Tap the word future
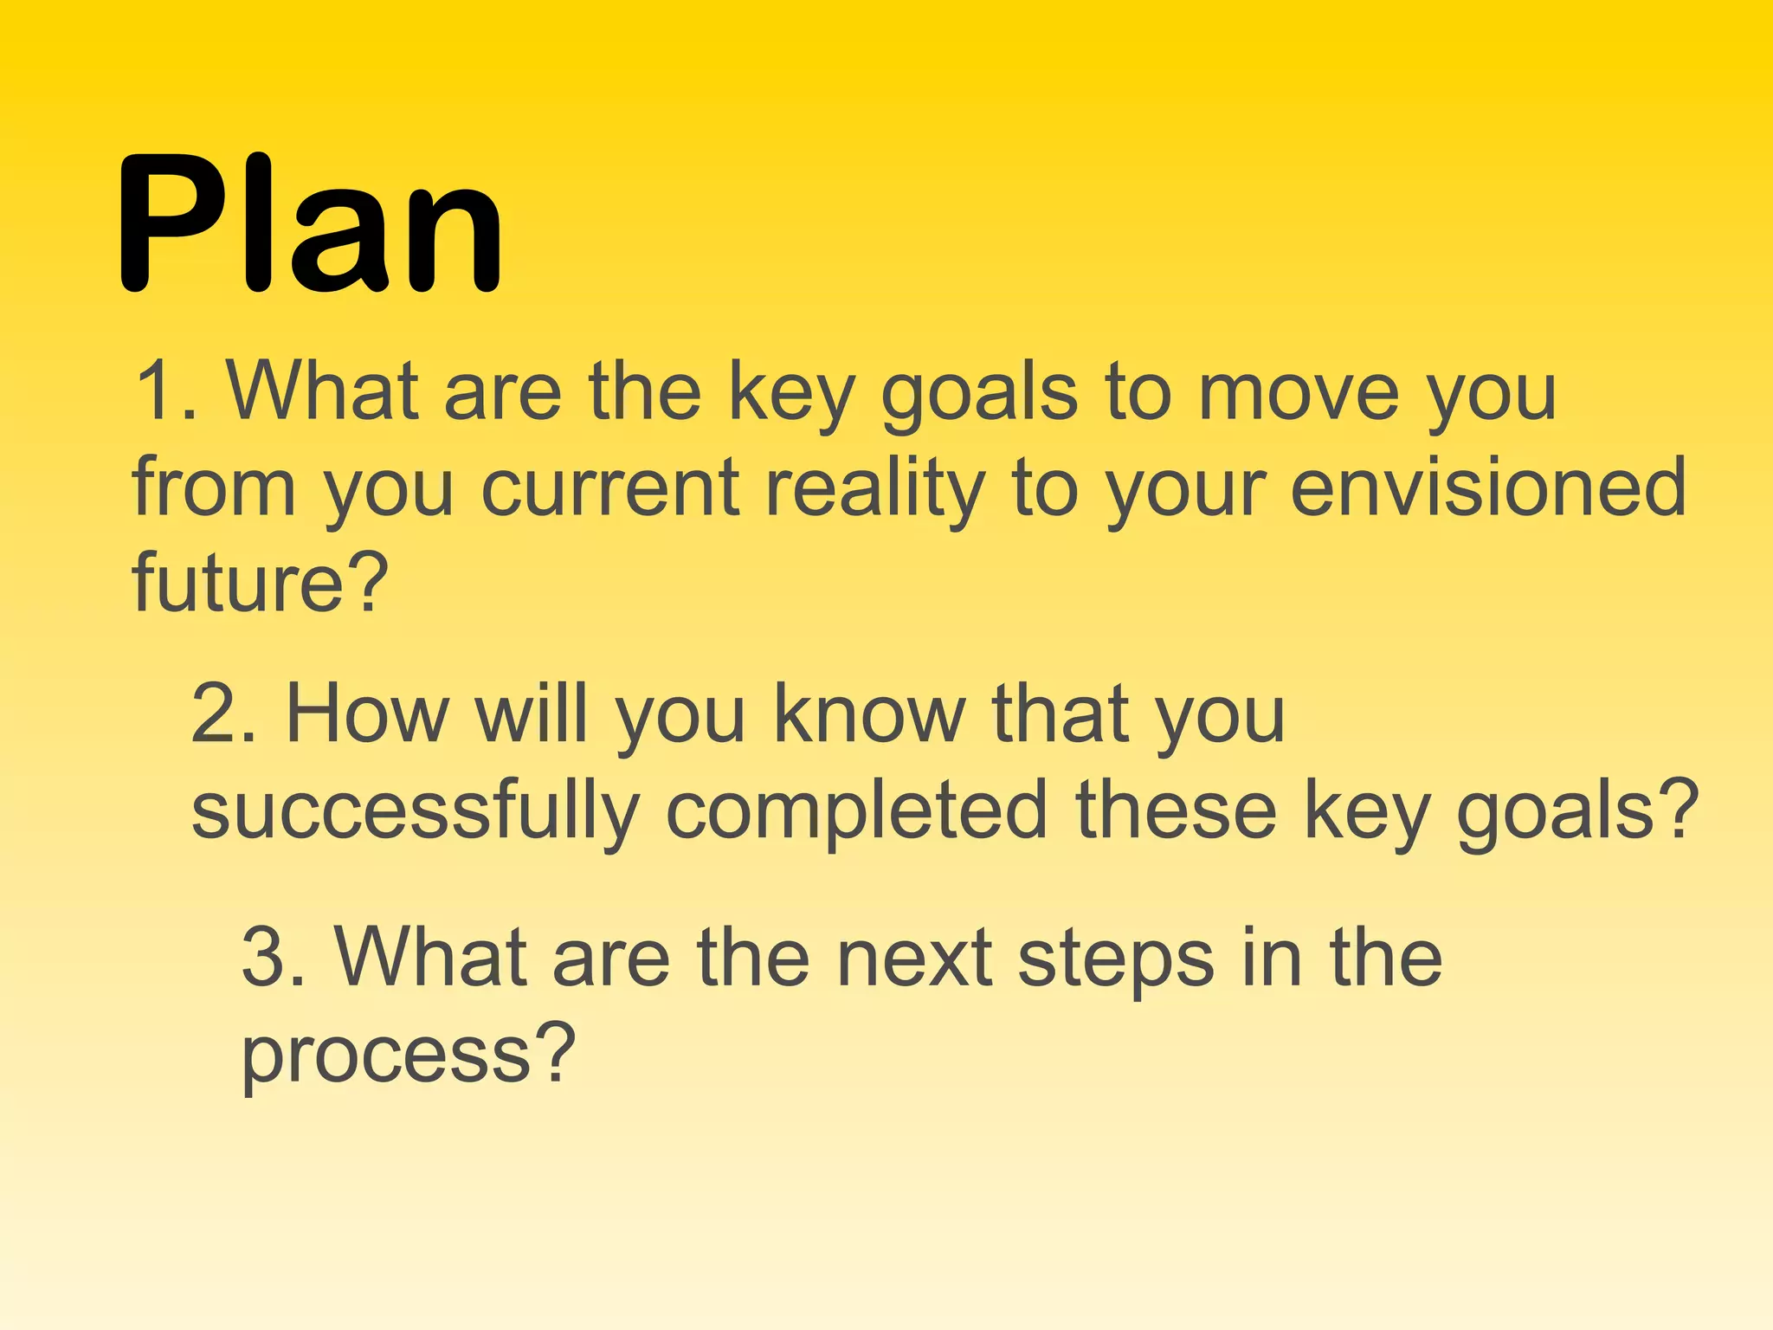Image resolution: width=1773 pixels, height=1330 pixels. click(239, 582)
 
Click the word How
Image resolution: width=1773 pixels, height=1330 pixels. click(367, 714)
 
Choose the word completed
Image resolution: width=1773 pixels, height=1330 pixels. click(857, 811)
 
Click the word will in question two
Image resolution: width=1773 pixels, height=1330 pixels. click(532, 714)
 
